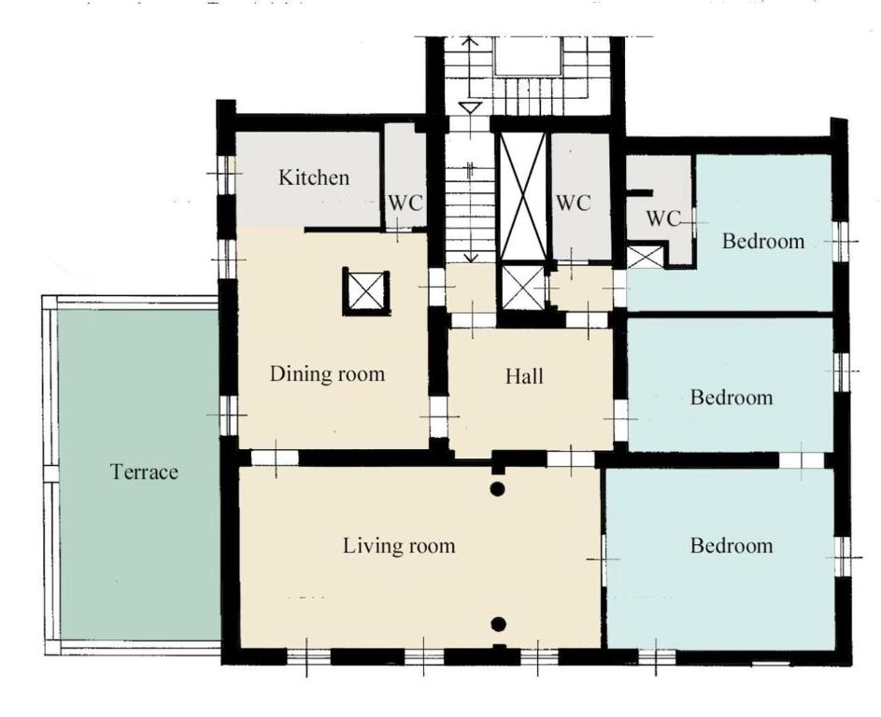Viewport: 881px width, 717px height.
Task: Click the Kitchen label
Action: click(x=314, y=177)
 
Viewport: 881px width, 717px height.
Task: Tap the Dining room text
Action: click(x=328, y=374)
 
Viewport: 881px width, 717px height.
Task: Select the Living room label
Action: click(x=399, y=546)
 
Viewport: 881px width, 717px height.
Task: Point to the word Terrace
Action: click(x=145, y=471)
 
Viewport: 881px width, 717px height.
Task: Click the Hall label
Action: click(x=524, y=376)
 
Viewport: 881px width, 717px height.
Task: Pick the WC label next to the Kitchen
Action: click(x=405, y=203)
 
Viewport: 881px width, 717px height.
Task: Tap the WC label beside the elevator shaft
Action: click(x=573, y=203)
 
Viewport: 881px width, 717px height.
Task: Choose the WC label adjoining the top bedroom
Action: click(x=663, y=218)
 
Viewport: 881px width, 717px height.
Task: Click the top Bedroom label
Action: click(x=763, y=242)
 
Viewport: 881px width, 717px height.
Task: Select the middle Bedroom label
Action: click(x=732, y=398)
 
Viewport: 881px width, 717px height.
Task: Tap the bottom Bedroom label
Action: click(x=732, y=546)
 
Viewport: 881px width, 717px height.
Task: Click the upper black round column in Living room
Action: click(x=497, y=489)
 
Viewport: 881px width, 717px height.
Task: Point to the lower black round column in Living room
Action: click(x=498, y=624)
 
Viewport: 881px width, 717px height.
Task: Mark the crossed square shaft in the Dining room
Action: click(x=366, y=291)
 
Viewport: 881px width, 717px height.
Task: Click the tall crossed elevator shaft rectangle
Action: click(x=523, y=197)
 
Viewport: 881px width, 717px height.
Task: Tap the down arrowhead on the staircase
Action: click(x=471, y=257)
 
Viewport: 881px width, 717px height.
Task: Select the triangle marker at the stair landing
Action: click(x=470, y=107)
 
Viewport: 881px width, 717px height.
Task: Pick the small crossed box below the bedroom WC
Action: click(x=645, y=257)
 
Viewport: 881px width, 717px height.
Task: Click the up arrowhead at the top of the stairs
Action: click(x=470, y=40)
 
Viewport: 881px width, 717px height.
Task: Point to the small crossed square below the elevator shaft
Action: click(x=523, y=288)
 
